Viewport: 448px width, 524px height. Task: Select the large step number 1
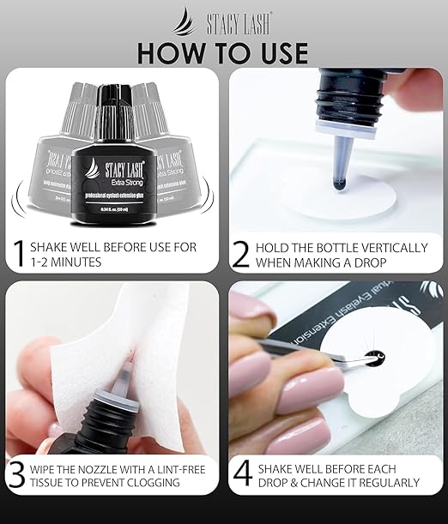pos(16,255)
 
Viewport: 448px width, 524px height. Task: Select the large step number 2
pos(242,255)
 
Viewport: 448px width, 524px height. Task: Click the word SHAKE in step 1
pos(52,247)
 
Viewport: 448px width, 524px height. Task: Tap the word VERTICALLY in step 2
pos(397,247)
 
